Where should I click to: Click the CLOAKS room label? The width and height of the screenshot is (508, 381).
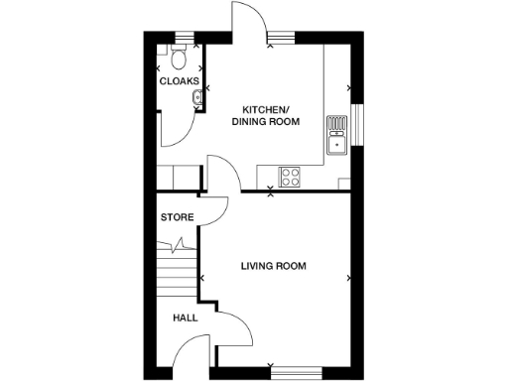pyautogui.click(x=179, y=81)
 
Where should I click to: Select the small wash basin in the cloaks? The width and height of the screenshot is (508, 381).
pyautogui.click(x=199, y=95)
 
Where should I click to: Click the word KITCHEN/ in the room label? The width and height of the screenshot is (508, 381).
pyautogui.click(x=265, y=108)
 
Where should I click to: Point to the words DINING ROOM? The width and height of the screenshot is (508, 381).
pyautogui.click(x=265, y=122)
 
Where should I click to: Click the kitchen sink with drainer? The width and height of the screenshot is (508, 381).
pyautogui.click(x=337, y=136)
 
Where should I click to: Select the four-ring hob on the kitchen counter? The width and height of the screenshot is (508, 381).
pyautogui.click(x=292, y=177)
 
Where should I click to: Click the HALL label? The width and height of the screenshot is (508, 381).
pyautogui.click(x=185, y=318)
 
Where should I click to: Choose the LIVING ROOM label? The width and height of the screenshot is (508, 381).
pyautogui.click(x=273, y=266)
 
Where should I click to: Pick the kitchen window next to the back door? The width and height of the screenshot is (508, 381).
pyautogui.click(x=281, y=39)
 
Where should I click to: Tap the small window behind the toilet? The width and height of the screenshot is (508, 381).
pyautogui.click(x=179, y=39)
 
